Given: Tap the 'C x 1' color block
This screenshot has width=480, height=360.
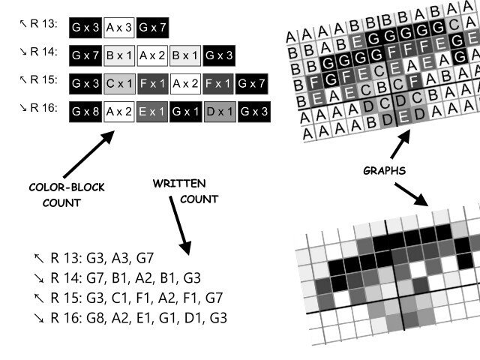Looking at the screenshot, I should pos(119,83).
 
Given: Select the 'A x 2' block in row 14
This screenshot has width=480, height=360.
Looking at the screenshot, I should pos(153,55).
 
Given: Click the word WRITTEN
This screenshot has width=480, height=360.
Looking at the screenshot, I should pos(180,184).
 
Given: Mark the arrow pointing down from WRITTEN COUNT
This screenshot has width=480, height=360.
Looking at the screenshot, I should pos(180,225).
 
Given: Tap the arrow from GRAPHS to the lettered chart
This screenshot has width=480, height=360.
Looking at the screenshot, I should pos(401,145).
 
